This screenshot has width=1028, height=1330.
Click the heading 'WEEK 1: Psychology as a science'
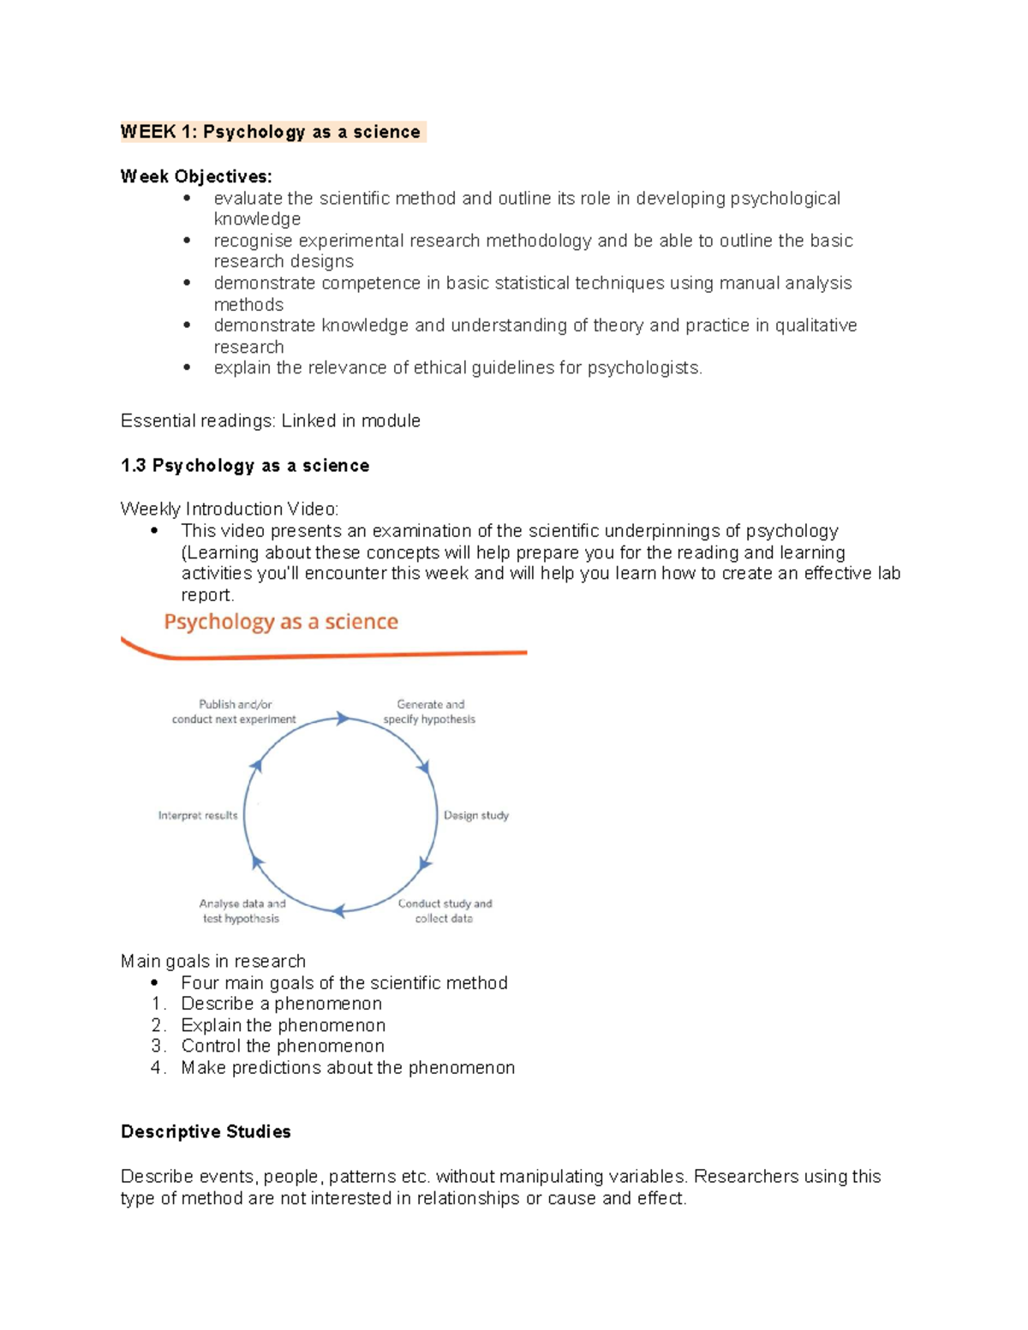pyautogui.click(x=271, y=132)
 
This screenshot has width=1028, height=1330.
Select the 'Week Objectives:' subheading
pyautogui.click(x=196, y=176)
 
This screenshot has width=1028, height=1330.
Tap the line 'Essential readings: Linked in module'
pyautogui.click(x=270, y=420)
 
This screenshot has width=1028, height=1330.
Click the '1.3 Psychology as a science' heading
pyautogui.click(x=245, y=465)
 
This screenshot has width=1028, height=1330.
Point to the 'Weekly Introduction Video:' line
pyautogui.click(x=229, y=509)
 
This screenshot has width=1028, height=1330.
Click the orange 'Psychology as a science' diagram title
pyautogui.click(x=281, y=622)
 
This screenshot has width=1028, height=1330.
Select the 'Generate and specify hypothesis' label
pyautogui.click(x=429, y=712)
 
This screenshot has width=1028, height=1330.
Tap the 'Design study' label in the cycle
pyautogui.click(x=475, y=815)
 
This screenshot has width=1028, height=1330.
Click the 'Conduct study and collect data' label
pyautogui.click(x=445, y=910)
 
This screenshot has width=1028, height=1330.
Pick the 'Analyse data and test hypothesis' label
pyautogui.click(x=242, y=910)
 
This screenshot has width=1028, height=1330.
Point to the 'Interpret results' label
pyautogui.click(x=198, y=815)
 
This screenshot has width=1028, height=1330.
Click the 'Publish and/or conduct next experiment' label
pyautogui.click(x=234, y=712)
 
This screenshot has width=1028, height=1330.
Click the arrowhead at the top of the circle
pyautogui.click(x=343, y=719)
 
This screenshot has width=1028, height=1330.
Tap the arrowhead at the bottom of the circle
pyautogui.click(x=339, y=911)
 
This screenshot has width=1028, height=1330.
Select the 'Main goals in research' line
pyautogui.click(x=213, y=961)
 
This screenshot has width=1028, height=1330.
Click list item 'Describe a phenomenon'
pyautogui.click(x=281, y=1004)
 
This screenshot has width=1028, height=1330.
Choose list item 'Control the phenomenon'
pyautogui.click(x=283, y=1046)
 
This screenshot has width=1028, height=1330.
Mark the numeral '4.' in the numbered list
pyautogui.click(x=158, y=1067)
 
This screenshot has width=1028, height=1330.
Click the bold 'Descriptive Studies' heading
pyautogui.click(x=206, y=1131)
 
